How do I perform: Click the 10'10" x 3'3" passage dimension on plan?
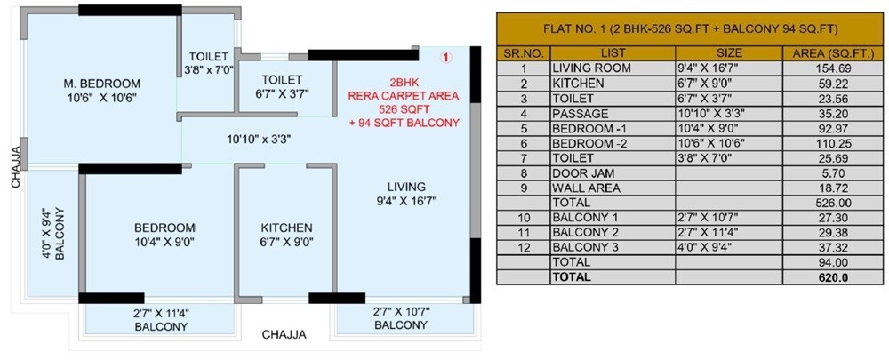pyautogui.click(x=259, y=139)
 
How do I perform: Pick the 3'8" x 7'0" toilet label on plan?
pyautogui.click(x=207, y=63)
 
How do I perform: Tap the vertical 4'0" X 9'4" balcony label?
pyautogui.click(x=52, y=233)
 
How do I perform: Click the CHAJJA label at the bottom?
pyautogui.click(x=284, y=335)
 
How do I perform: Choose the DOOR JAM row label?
pyautogui.click(x=584, y=174)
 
